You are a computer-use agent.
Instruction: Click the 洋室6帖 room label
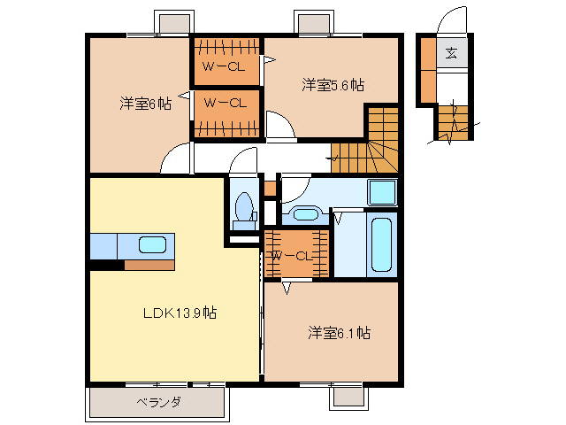144,103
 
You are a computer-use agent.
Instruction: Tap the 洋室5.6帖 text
333,85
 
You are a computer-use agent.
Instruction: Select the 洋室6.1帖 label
339,333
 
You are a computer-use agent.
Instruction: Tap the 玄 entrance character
451,52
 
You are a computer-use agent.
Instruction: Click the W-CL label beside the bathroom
292,256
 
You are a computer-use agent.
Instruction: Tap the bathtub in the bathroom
382,244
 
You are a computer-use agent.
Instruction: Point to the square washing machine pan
382,192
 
